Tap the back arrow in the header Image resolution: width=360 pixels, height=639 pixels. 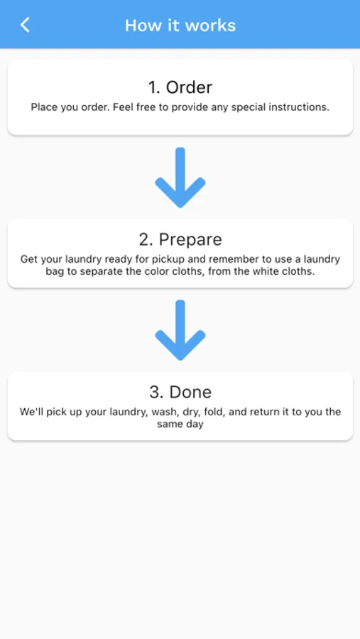tap(25, 25)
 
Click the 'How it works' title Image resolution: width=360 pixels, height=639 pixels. tap(180, 26)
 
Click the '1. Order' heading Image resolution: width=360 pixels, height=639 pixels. tap(180, 87)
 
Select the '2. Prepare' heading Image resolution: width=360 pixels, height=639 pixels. tap(180, 239)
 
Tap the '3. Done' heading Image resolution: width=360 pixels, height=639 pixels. tap(180, 392)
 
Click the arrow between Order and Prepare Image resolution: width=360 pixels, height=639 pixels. tap(180, 177)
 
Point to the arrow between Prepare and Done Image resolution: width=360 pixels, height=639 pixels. tap(180, 330)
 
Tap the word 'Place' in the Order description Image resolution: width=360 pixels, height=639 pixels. tap(42, 108)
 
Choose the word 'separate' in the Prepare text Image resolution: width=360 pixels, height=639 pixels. tap(98, 272)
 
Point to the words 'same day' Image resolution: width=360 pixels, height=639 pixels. tap(180, 425)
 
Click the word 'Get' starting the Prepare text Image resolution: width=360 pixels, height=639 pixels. tap(28, 260)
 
